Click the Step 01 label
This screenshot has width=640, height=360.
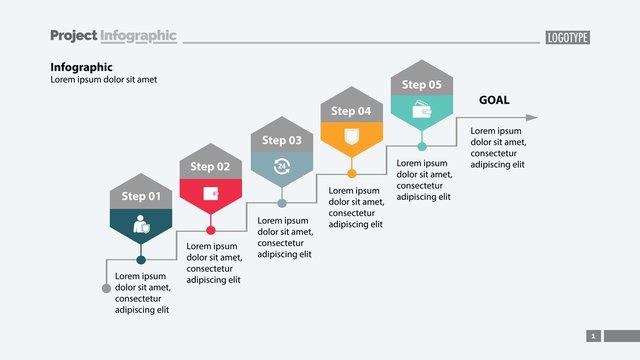pyautogui.click(x=141, y=196)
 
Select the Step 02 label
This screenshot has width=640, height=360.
pyautogui.click(x=210, y=166)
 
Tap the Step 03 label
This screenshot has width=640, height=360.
pyautogui.click(x=281, y=141)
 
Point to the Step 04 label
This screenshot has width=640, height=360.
pyautogui.click(x=351, y=111)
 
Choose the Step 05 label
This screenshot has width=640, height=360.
pyautogui.click(x=421, y=85)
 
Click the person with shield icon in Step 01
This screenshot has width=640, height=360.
pyautogui.click(x=141, y=227)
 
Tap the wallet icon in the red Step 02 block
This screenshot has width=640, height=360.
pyautogui.click(x=210, y=194)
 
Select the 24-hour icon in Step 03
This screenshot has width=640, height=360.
pyautogui.click(x=281, y=166)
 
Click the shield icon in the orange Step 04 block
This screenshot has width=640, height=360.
pyautogui.click(x=351, y=137)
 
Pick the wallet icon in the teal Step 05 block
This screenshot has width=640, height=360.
pyautogui.click(x=421, y=110)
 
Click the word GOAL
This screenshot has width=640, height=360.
pyautogui.click(x=494, y=99)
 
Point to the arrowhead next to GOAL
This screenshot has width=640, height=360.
pyautogui.click(x=531, y=117)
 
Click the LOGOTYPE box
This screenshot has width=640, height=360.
pyautogui.click(x=567, y=37)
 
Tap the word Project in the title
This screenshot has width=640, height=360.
pyautogui.click(x=73, y=36)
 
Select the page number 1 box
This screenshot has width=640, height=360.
pyautogui.click(x=593, y=336)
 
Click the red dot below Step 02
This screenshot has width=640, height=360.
pyautogui.click(x=210, y=231)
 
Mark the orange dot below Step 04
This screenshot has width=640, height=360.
pyautogui.click(x=351, y=174)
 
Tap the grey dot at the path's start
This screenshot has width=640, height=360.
pyautogui.click(x=106, y=288)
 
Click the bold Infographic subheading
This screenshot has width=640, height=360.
pyautogui.click(x=81, y=67)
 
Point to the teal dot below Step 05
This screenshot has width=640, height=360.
pyautogui.click(x=421, y=147)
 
